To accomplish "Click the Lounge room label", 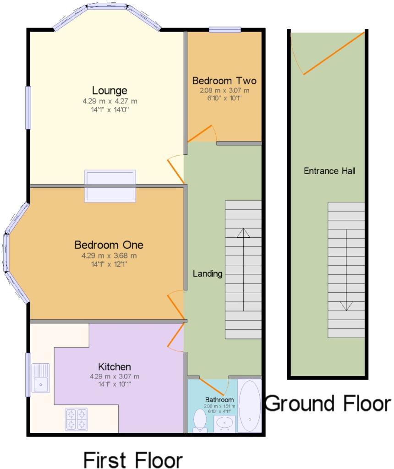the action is coord(109,90).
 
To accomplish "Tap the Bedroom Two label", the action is coord(224,81).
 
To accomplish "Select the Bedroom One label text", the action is coord(109,245).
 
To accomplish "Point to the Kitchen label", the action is coord(114,367).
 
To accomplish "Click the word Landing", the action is coord(208,274).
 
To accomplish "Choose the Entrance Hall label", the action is coord(329,171).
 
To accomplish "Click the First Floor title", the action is coord(133,460).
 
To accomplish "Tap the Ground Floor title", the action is coord(328,404).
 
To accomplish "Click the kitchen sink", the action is coord(41,378).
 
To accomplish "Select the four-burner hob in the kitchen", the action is coord(77,420).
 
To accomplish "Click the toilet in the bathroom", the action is coord(200,421).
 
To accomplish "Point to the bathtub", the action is coord(250,406).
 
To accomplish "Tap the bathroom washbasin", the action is coord(224,423).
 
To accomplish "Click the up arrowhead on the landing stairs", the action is coord(243,233).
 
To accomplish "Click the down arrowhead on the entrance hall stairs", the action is coord(346,306).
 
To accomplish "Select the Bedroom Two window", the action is coord(224,29).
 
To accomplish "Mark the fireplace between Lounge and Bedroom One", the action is coord(110,186).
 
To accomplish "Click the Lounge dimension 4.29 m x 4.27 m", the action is coord(110,101).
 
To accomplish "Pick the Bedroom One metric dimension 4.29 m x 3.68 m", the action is coord(109,256).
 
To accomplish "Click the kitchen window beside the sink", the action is coord(28,375).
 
